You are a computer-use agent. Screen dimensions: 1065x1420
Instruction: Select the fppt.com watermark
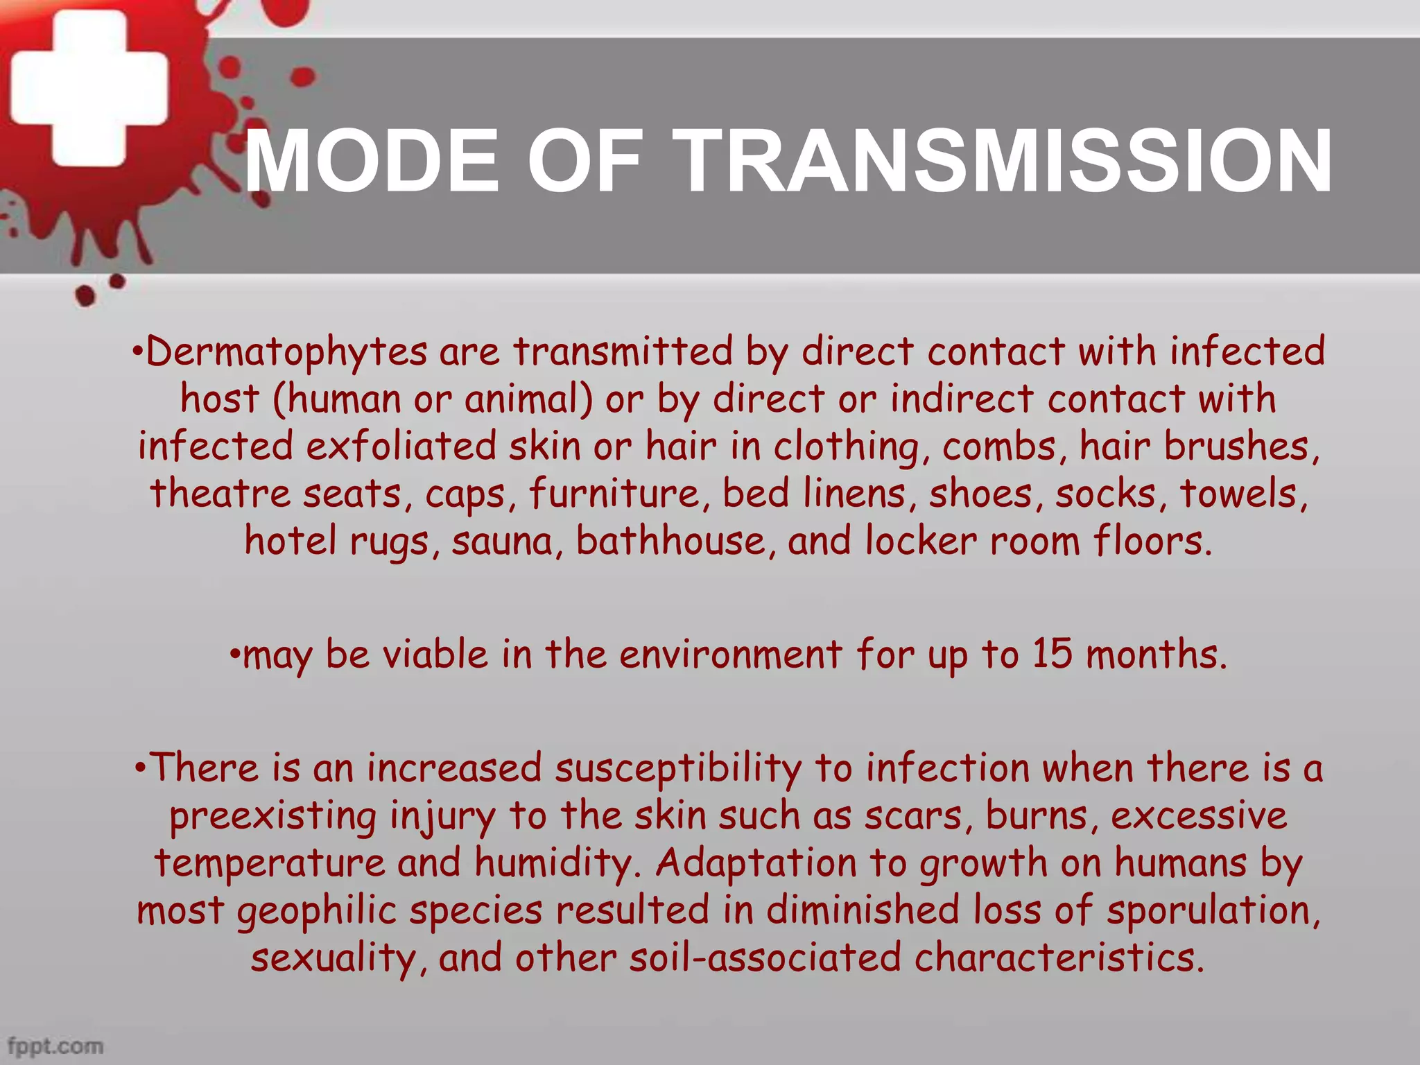point(55,1046)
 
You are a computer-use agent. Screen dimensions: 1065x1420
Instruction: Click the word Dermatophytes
point(286,352)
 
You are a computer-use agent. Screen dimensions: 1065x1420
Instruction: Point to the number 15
point(1052,654)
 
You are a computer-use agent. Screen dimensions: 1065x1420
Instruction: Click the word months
point(1156,654)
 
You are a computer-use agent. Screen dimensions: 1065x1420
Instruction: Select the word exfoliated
point(401,446)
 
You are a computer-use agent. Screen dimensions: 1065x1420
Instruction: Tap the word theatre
point(220,494)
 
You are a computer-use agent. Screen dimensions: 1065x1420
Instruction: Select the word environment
point(731,654)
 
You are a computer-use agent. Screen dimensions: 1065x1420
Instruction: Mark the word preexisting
point(272,817)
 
